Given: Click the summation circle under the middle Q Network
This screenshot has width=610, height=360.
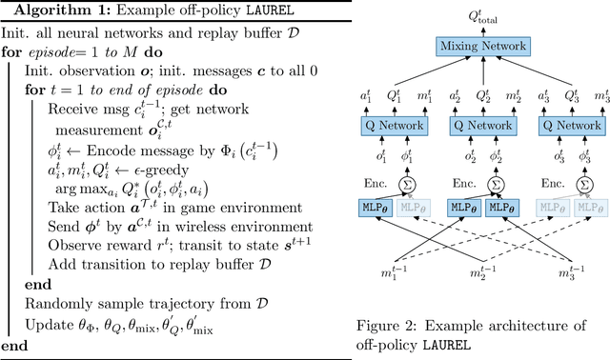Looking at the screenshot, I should tap(495, 183).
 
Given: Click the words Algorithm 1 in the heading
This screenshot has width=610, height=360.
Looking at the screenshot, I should tap(46, 11).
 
